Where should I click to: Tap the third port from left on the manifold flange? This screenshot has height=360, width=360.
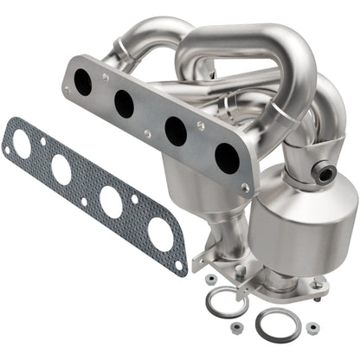coord(176,132)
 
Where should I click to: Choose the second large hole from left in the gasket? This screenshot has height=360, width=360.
coord(62,168)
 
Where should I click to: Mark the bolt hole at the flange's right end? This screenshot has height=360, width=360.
coord(245,187)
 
